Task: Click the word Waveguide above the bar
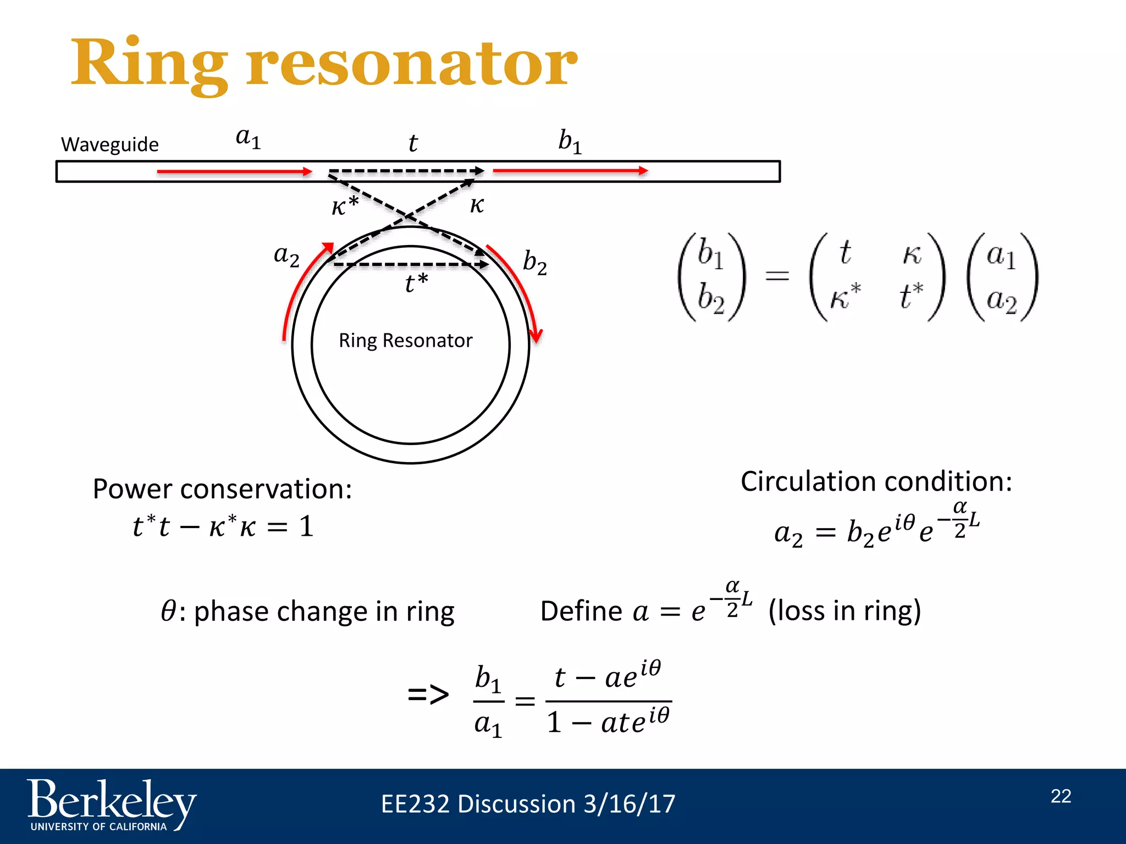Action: tap(109, 145)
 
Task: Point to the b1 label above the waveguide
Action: tap(570, 141)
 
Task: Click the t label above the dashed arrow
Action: tap(413, 143)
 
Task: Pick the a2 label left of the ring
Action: tap(286, 256)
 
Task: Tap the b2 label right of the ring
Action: tap(534, 262)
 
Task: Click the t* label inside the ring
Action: tap(416, 283)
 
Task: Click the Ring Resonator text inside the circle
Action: tap(405, 341)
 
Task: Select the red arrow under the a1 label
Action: tap(234, 171)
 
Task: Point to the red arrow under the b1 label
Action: tap(570, 171)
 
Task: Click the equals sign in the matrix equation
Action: tap(777, 276)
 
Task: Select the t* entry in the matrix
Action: tap(911, 296)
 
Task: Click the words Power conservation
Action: tap(222, 488)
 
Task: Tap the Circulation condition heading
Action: tap(876, 481)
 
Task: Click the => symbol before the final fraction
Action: tap(428, 695)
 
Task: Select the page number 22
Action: tap(1061, 796)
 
